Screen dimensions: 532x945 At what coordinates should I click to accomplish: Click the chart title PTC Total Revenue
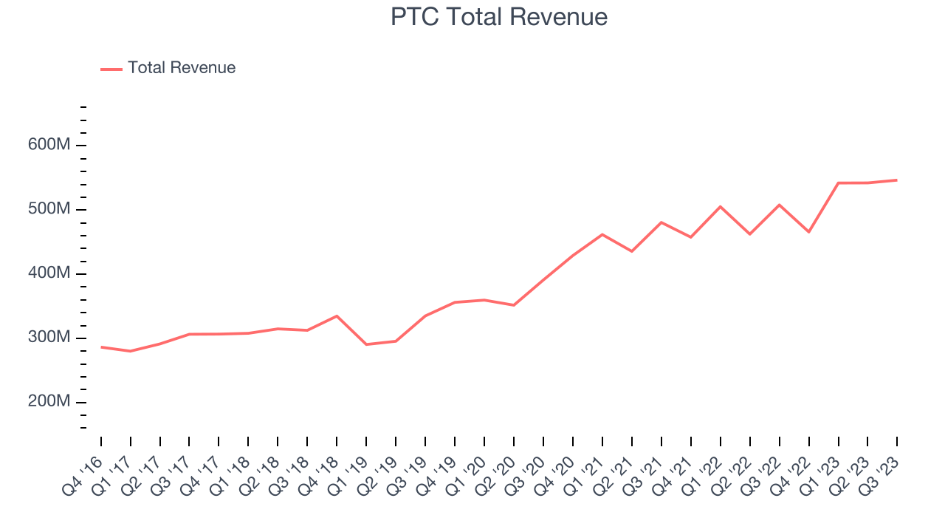pyautogui.click(x=499, y=17)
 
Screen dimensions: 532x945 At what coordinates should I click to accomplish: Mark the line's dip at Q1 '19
pyautogui.click(x=366, y=344)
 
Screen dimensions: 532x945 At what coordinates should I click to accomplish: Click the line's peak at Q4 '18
pyautogui.click(x=337, y=316)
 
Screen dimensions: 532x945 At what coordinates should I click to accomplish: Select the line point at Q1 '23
pyautogui.click(x=839, y=183)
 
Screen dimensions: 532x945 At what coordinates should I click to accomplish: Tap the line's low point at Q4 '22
pyautogui.click(x=809, y=232)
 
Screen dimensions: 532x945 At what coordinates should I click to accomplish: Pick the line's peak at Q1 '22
pyautogui.click(x=721, y=206)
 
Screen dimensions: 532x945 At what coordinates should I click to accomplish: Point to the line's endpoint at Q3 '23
pyautogui.click(x=897, y=180)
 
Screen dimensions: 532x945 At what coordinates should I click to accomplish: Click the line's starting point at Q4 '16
pyautogui.click(x=101, y=347)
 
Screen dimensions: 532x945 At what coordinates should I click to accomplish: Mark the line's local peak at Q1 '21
pyautogui.click(x=602, y=234)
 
